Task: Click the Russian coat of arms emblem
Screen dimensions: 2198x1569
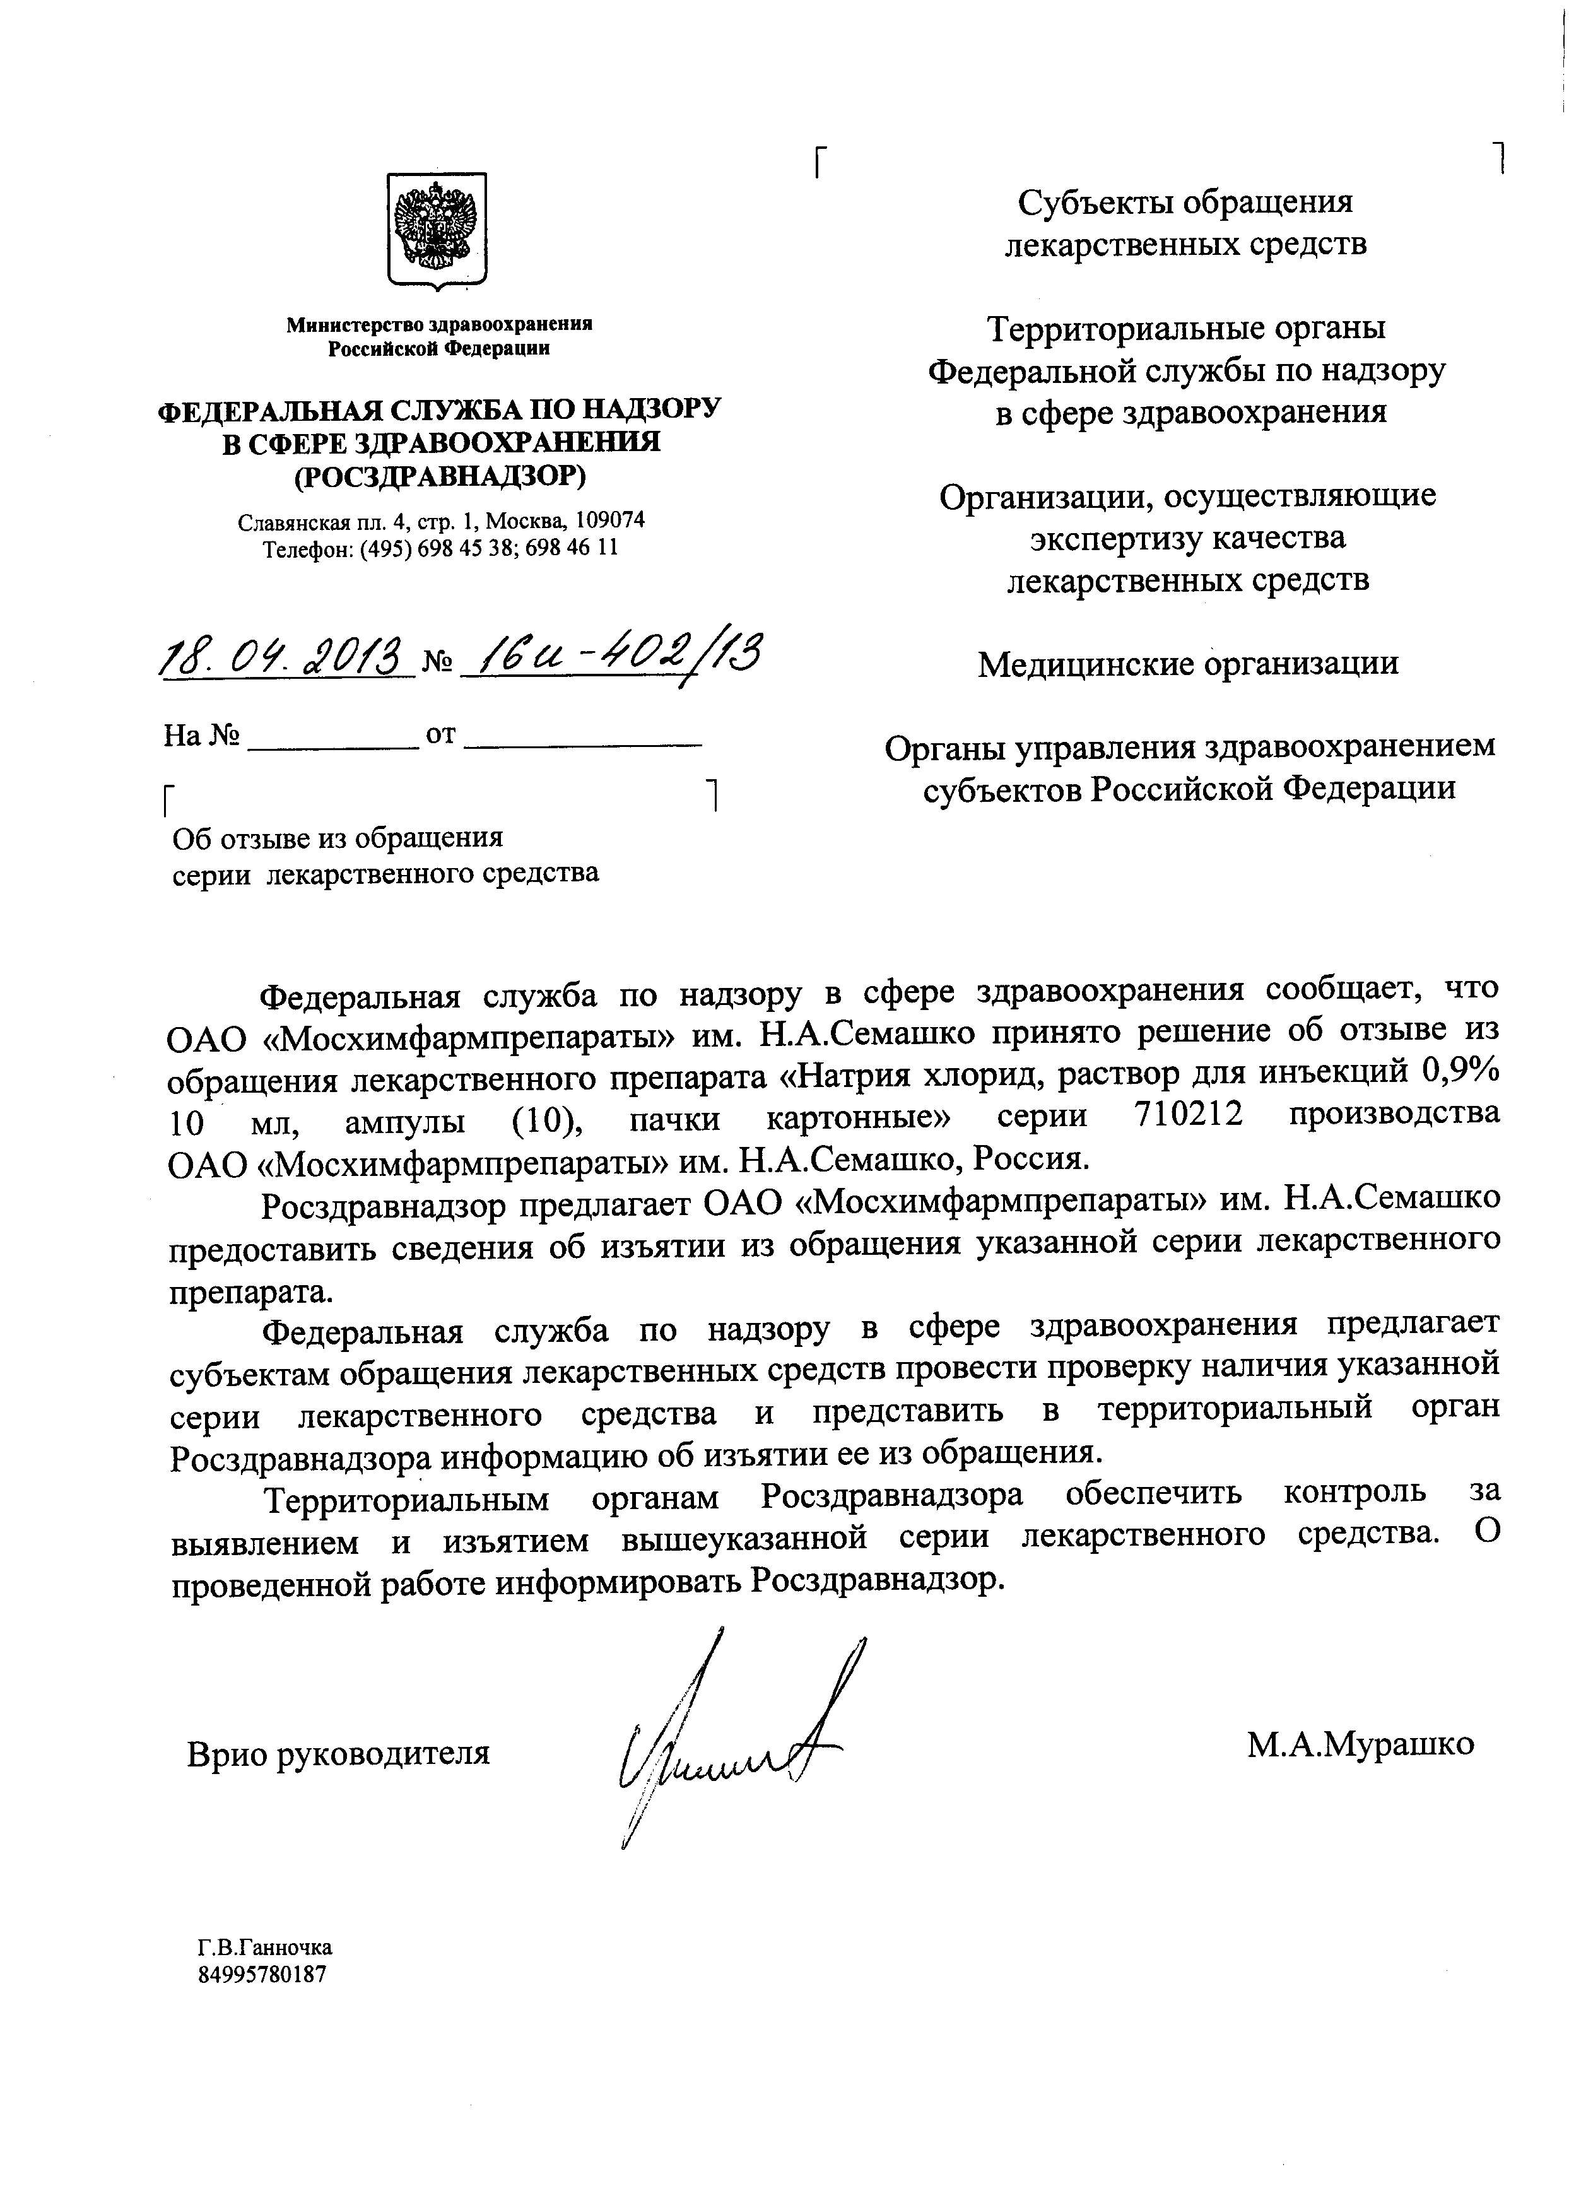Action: tap(437, 230)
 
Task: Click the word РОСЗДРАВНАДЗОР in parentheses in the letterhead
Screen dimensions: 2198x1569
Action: tap(440, 476)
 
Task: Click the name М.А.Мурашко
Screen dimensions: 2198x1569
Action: tap(1360, 1744)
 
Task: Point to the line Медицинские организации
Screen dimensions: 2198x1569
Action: tap(1187, 664)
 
